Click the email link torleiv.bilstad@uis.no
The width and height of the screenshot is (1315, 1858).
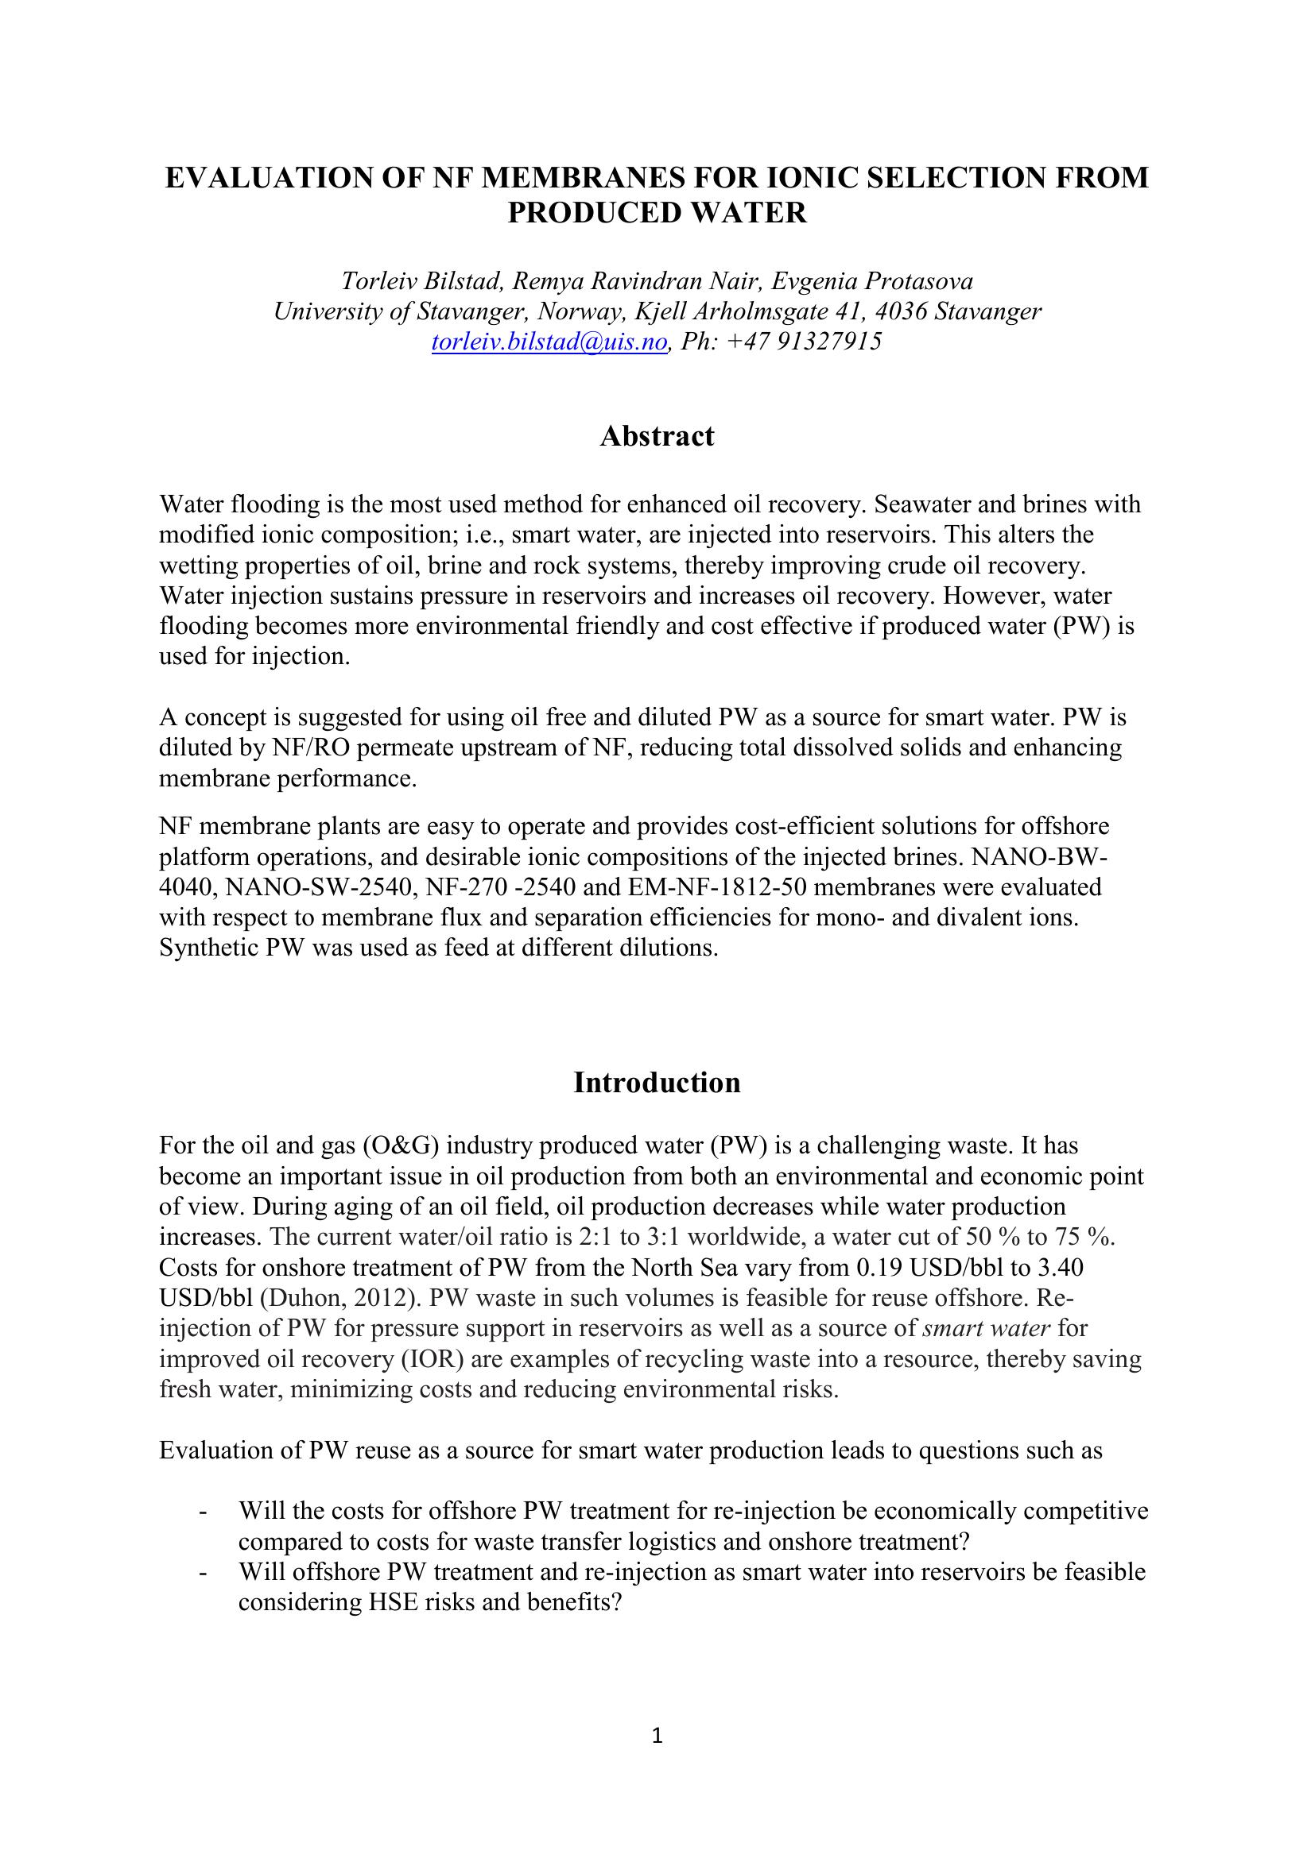click(x=549, y=342)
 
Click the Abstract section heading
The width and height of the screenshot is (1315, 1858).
click(x=657, y=436)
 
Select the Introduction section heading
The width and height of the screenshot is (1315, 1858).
click(x=657, y=1083)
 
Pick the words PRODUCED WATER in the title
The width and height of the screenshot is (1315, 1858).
click(x=657, y=214)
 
